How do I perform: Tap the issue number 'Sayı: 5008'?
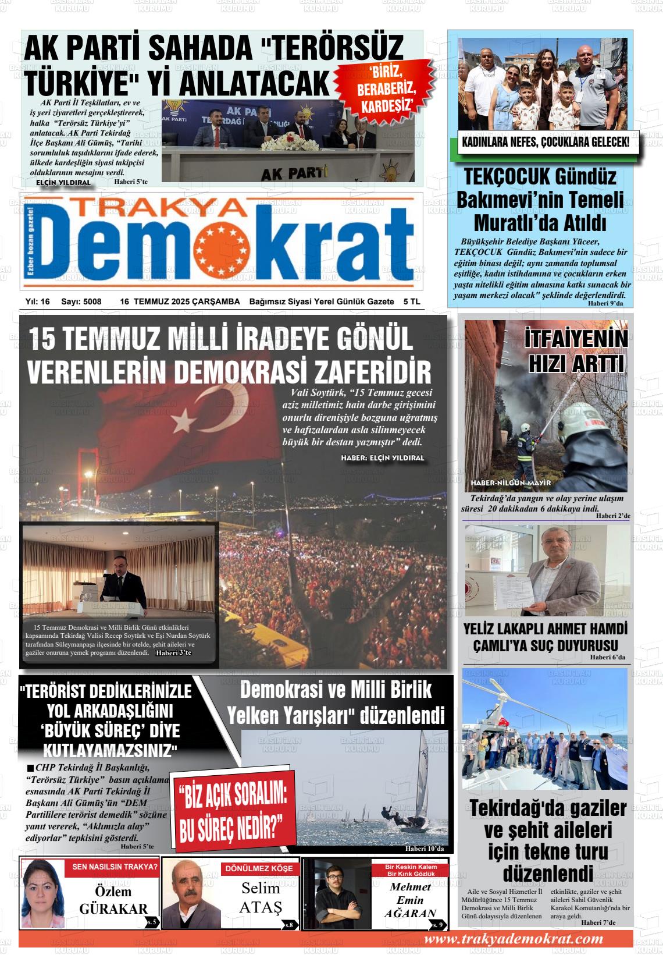click(81, 301)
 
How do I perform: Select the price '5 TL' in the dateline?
click(411, 301)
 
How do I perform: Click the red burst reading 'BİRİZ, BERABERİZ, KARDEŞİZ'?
click(386, 88)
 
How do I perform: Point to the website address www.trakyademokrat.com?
click(514, 939)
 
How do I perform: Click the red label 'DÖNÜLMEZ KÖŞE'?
click(259, 868)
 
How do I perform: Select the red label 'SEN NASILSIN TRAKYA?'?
click(115, 867)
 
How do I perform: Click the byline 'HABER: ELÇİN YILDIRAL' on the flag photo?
click(383, 458)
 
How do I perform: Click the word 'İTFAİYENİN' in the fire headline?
click(575, 340)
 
